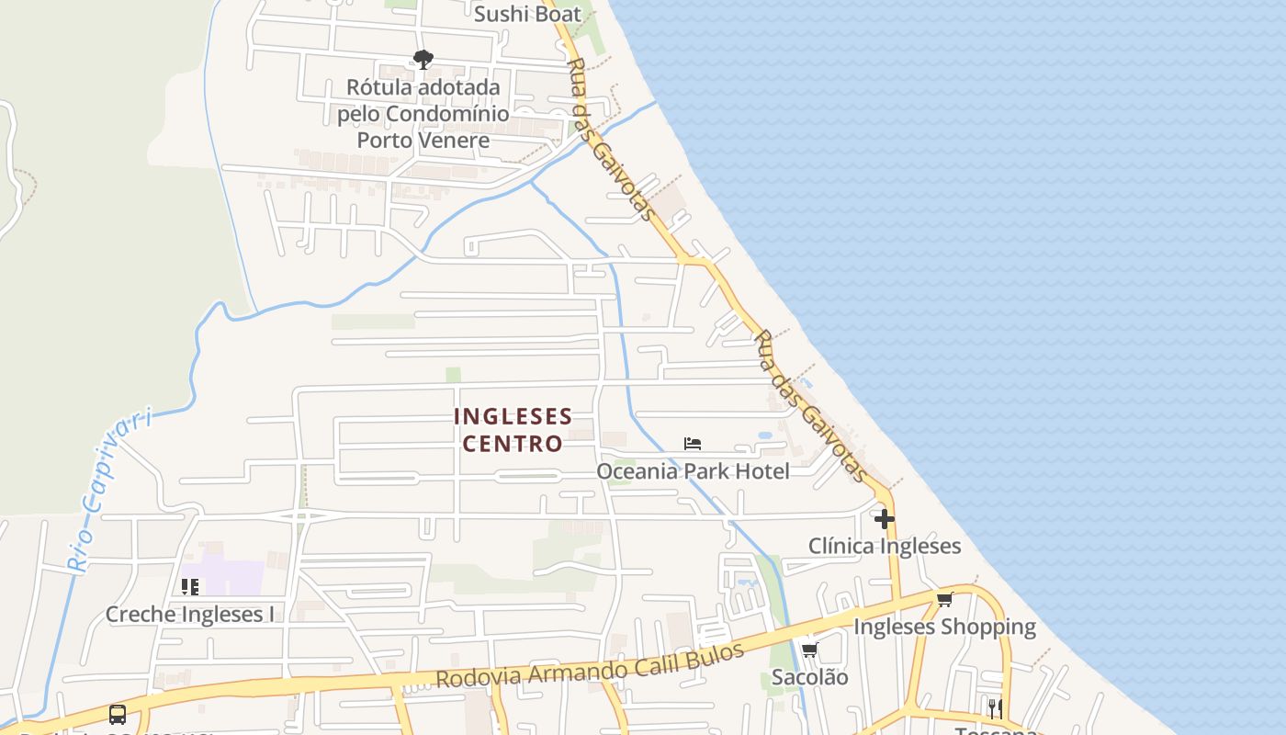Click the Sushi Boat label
tap(527, 14)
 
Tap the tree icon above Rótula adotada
tap(423, 61)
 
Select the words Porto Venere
tap(423, 141)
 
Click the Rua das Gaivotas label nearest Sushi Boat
tap(611, 141)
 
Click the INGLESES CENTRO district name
tap(513, 430)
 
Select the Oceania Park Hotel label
tap(693, 471)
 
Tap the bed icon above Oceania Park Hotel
tap(693, 444)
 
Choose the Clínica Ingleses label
tap(884, 546)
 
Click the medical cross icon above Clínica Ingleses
tap(884, 519)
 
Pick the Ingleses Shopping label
tap(944, 627)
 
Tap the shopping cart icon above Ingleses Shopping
tap(944, 600)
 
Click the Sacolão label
tap(809, 677)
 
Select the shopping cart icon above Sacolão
tap(809, 650)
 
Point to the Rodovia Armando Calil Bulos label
tap(589, 665)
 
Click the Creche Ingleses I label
tap(190, 614)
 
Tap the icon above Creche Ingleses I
tap(190, 586)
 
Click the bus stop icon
tap(118, 715)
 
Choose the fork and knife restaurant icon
tap(995, 708)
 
